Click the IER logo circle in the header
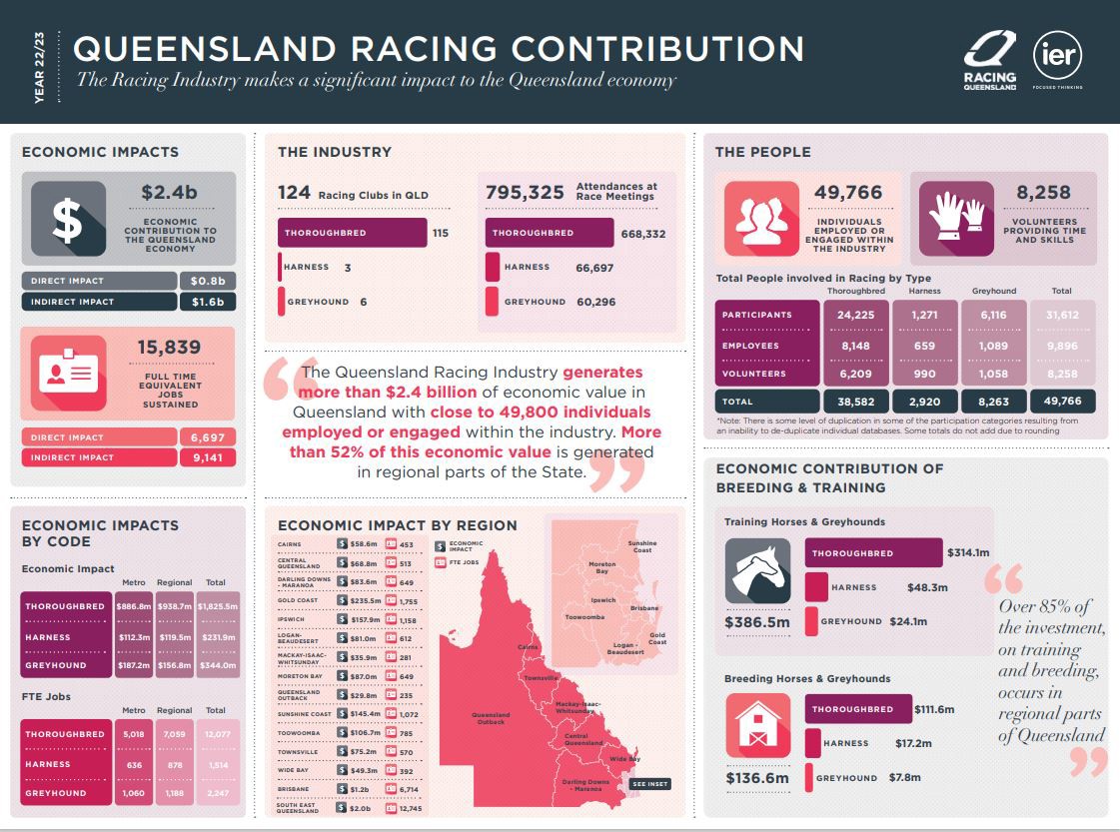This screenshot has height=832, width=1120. (x=1057, y=55)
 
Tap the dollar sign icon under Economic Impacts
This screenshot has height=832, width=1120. (x=68, y=220)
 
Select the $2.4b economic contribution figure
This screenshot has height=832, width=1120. (x=170, y=193)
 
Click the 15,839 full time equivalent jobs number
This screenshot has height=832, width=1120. (x=170, y=348)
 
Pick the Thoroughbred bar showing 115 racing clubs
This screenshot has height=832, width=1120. (x=352, y=233)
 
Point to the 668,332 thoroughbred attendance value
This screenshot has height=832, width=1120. (x=642, y=234)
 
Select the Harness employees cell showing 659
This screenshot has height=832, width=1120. (x=926, y=346)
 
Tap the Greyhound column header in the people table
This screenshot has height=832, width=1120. (x=993, y=291)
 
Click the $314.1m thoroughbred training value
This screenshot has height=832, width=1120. (x=969, y=552)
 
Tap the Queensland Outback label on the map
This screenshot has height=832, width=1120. (x=491, y=718)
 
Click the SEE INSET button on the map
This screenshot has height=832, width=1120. (x=649, y=784)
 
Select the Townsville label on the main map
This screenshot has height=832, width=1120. (x=541, y=678)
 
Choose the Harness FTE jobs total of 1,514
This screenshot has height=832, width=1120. (x=217, y=764)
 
